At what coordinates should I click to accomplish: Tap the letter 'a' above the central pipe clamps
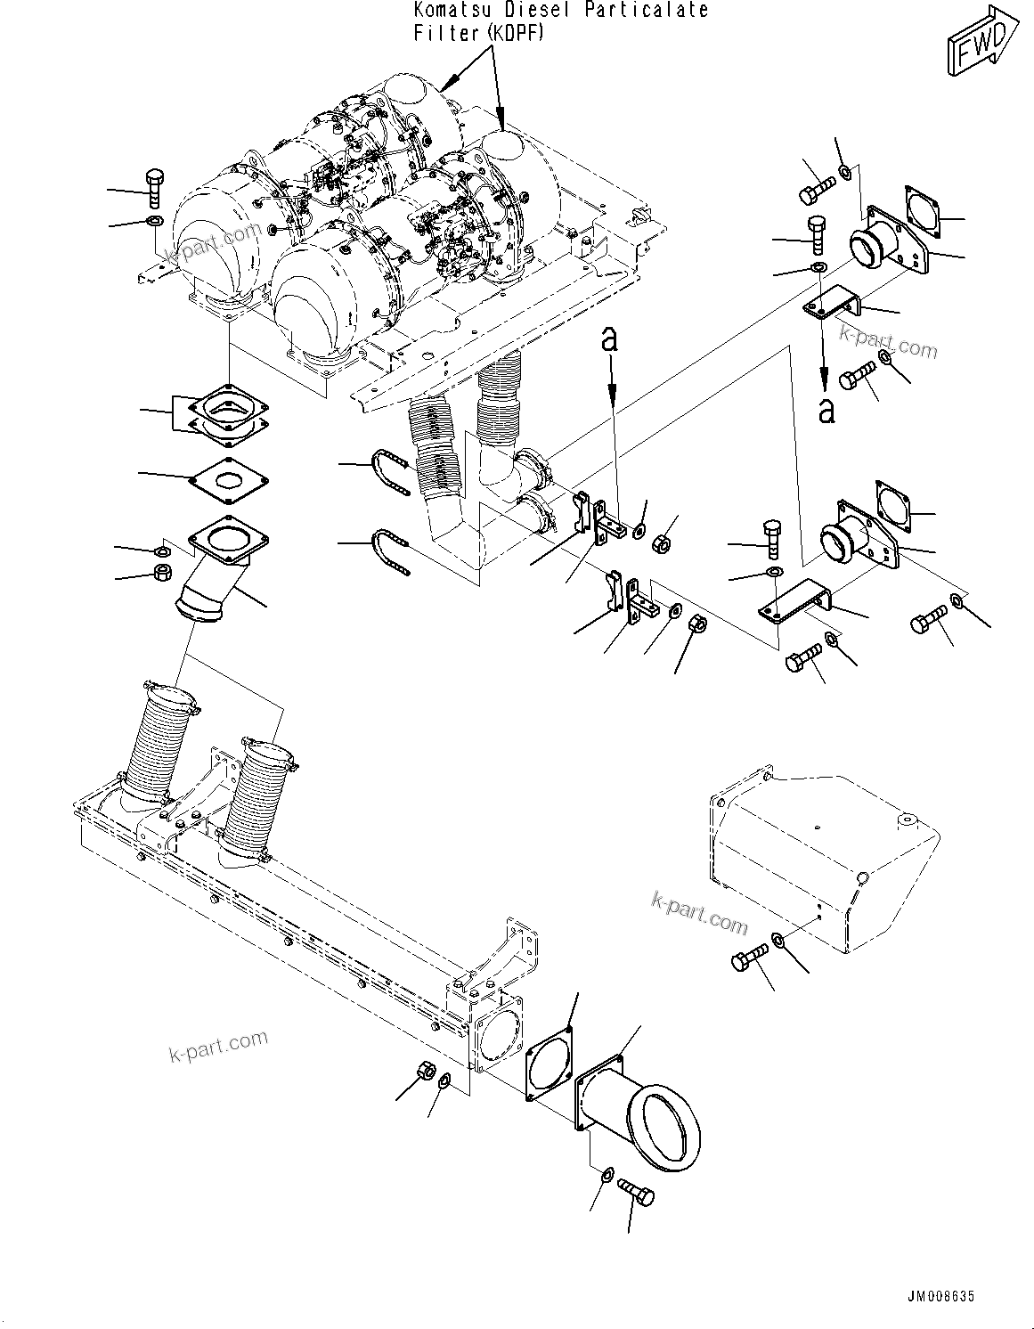tap(610, 338)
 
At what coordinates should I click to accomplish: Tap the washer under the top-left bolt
tap(155, 220)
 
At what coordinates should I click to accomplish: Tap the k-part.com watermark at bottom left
tap(217, 1048)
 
